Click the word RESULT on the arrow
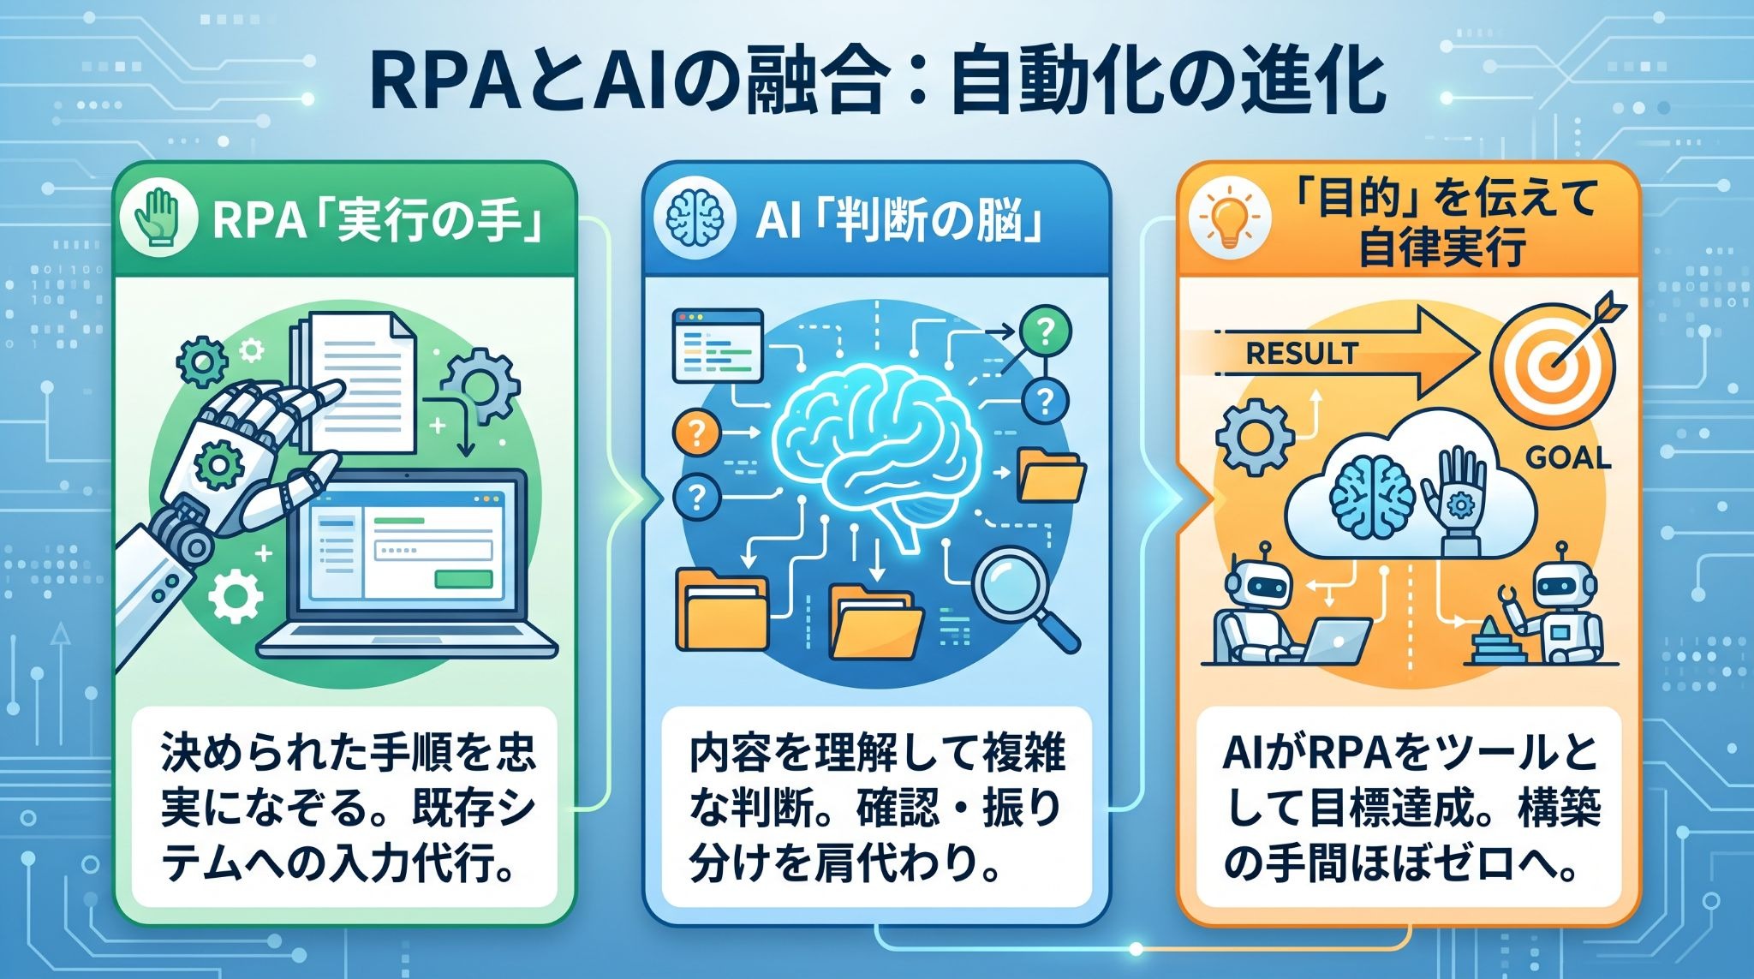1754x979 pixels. [x=1302, y=353]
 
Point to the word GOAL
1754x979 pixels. [x=1569, y=458]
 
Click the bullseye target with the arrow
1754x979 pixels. [x=1555, y=360]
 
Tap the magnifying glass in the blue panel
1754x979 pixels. [x=1027, y=599]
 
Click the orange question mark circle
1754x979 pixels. [x=697, y=433]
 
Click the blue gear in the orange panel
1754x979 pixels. [x=1255, y=438]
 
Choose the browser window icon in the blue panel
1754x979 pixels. [x=718, y=345]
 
